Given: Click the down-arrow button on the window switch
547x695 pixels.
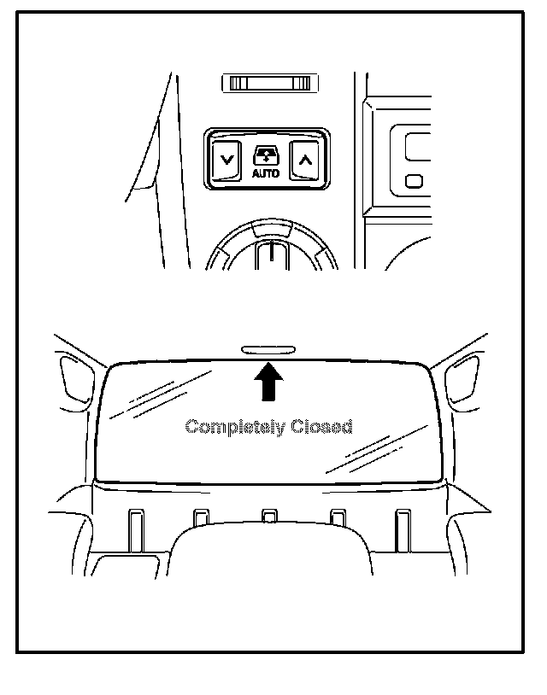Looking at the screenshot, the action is click(226, 159).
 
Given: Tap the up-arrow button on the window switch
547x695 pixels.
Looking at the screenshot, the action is click(305, 159).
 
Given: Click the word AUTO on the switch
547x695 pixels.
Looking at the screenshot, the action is click(266, 173).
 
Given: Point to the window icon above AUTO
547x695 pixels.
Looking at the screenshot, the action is click(266, 155).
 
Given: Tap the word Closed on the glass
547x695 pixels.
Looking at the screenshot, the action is click(321, 426).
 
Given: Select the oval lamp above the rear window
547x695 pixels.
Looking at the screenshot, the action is click(268, 348).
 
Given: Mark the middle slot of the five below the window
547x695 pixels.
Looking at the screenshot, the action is click(269, 517).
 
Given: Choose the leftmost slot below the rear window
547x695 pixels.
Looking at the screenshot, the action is click(133, 528).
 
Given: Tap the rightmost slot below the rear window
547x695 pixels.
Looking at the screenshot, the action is click(403, 528).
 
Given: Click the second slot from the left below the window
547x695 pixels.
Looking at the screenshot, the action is click(201, 517).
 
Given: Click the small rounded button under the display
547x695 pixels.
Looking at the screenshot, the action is click(415, 181).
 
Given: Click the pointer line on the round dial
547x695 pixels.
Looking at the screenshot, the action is click(269, 254).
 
